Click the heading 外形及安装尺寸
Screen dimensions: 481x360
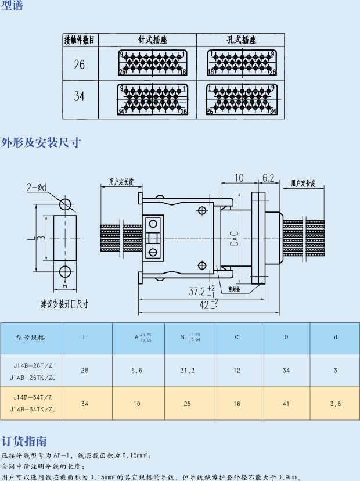40,142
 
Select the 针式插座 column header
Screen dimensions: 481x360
153,40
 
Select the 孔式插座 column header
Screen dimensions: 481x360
241,40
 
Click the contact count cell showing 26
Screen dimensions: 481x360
80,64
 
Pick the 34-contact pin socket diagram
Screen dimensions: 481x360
153,99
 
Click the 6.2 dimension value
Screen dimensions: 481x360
268,178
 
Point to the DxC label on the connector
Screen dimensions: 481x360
234,238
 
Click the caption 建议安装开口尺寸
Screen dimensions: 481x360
64,304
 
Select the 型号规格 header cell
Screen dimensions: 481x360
30,337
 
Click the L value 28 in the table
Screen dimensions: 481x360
85,370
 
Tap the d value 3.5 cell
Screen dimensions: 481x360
335,403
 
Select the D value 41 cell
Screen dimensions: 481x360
286,403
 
